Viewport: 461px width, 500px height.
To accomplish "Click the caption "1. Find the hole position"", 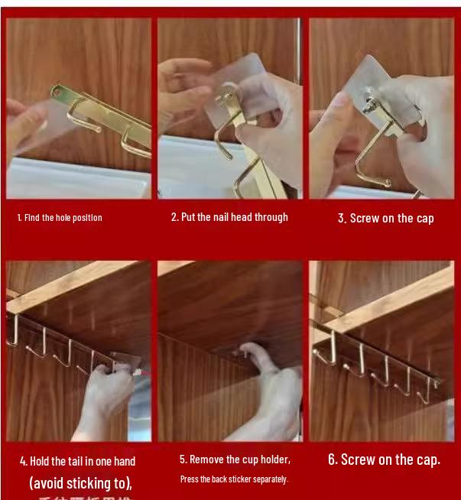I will [60, 218].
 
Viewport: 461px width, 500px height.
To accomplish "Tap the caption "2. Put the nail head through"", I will [229, 217].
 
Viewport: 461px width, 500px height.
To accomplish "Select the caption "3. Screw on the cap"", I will [385, 219].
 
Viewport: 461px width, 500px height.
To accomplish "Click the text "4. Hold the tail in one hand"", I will [77, 461].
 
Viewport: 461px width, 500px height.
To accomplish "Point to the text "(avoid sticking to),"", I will [80, 483].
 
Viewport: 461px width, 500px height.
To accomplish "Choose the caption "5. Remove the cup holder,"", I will [235, 459].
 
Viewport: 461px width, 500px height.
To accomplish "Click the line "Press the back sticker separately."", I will [234, 479].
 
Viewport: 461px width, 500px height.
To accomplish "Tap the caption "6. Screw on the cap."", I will [384, 459].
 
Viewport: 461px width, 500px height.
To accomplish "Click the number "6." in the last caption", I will [333, 459].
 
